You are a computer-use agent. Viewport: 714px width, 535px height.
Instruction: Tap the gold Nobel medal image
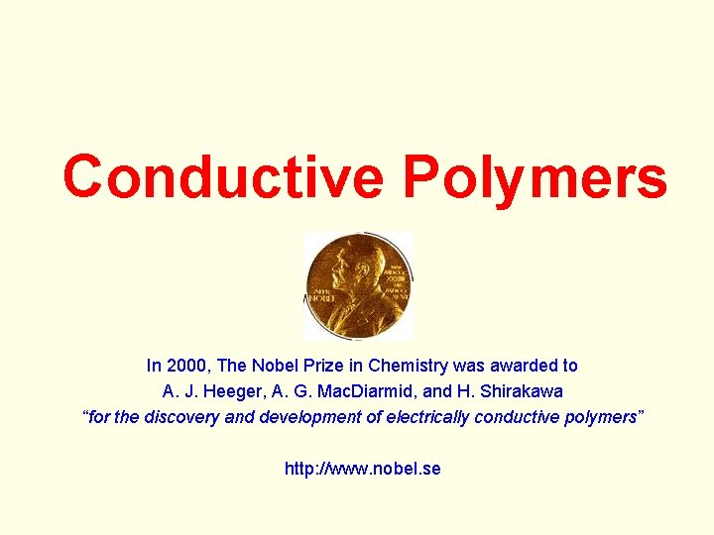click(358, 286)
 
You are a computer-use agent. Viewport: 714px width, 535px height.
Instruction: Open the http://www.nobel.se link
click(362, 469)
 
